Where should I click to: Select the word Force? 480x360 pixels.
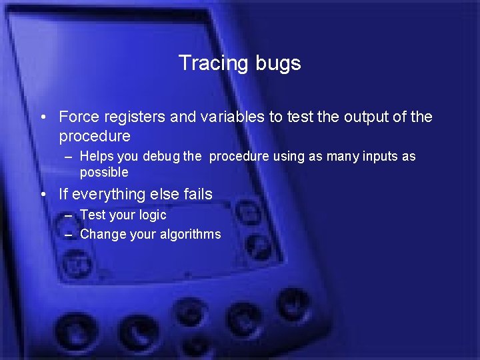(77, 117)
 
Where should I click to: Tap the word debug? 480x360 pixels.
(162, 157)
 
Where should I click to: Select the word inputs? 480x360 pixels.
(375, 157)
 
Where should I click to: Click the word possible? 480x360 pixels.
(104, 173)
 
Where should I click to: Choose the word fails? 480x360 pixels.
(197, 194)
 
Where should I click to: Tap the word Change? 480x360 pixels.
(100, 235)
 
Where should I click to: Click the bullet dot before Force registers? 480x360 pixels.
(43, 118)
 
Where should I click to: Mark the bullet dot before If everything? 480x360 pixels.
(43, 195)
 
